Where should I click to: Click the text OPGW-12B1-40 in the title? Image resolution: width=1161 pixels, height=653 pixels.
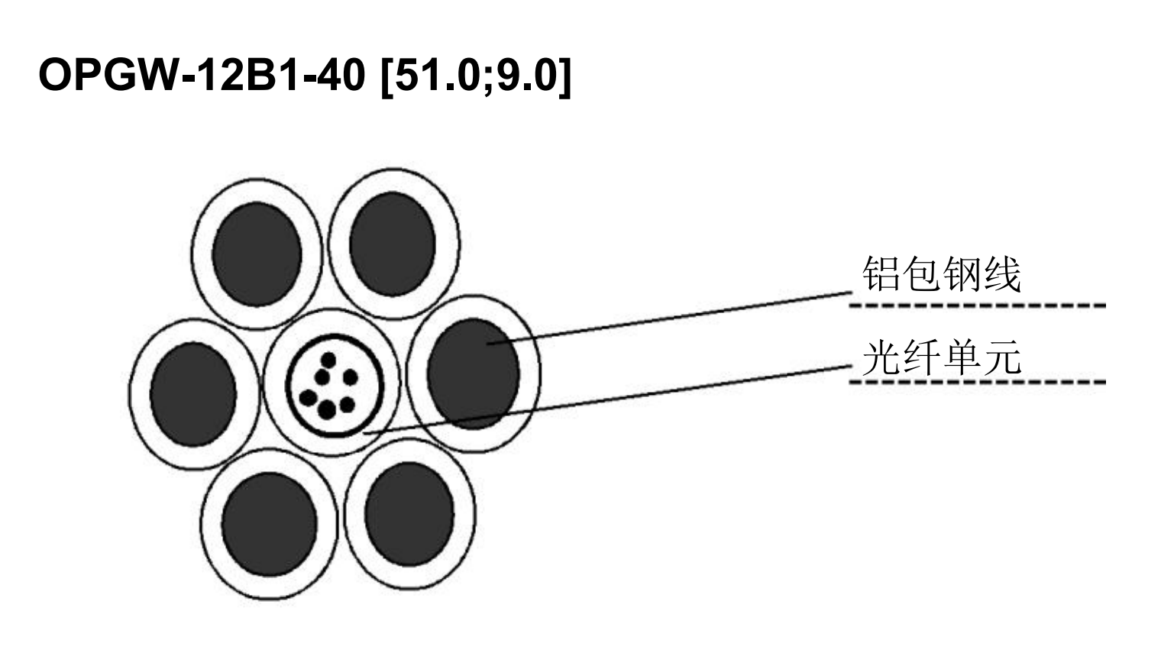(202, 75)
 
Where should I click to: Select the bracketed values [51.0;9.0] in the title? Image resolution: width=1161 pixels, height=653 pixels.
(477, 76)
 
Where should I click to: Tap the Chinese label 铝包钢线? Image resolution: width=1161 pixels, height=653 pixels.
(942, 274)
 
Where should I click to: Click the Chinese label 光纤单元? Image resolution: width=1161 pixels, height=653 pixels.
(942, 357)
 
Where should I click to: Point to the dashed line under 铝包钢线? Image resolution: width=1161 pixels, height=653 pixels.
(978, 305)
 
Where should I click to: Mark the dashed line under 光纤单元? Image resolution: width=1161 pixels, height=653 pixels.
(978, 383)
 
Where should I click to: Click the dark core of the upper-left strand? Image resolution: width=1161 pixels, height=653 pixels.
(257, 254)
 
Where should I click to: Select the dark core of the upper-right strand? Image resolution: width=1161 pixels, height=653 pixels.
(393, 244)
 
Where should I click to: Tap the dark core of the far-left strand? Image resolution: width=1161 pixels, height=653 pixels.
(193, 394)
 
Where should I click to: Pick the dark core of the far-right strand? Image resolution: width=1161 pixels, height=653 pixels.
(474, 373)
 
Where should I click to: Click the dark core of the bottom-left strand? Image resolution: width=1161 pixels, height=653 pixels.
(270, 525)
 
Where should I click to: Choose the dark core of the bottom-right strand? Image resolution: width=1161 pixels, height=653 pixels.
(409, 514)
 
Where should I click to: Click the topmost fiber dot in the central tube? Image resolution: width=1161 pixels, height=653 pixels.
(328, 360)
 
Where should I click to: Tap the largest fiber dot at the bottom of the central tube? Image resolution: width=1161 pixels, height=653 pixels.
(327, 410)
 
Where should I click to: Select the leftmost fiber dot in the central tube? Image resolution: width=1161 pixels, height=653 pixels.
(309, 398)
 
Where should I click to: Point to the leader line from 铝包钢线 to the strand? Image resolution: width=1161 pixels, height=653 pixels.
(670, 318)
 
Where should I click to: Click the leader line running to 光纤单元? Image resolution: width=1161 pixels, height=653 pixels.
(607, 399)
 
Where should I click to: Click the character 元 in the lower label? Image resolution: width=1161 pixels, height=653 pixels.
(1002, 357)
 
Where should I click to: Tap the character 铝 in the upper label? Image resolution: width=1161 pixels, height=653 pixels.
(881, 274)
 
